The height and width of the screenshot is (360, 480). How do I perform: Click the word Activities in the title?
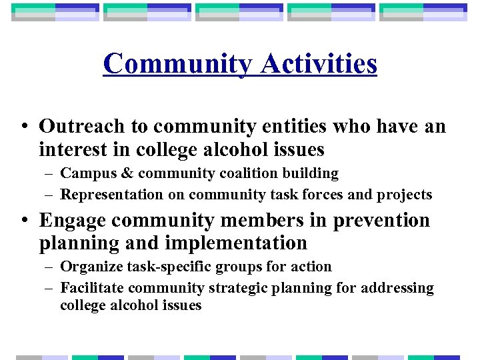pos(319,65)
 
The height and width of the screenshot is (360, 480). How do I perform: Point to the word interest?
pos(71,149)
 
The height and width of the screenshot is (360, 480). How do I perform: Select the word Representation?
pos(111,195)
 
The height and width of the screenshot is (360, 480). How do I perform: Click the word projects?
pos(407,195)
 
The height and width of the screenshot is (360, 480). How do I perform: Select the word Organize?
pos(87,267)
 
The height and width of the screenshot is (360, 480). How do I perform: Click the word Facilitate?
pos(91,288)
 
